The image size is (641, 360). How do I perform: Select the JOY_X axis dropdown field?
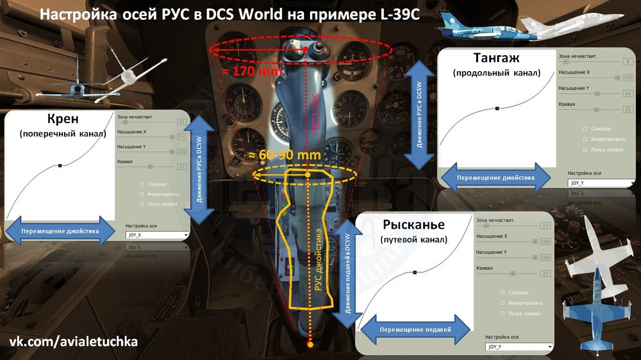(157, 235)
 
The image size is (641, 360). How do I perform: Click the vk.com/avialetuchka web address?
(73, 342)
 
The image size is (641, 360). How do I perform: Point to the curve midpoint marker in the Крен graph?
(60, 166)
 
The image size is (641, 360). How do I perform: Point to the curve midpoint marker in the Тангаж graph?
(497, 108)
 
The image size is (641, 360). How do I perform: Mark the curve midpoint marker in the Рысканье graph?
(415, 272)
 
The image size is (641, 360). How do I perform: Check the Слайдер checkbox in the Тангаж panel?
(585, 129)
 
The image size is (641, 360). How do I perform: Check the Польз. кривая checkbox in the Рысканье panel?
(502, 313)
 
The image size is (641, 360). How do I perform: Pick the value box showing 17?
(181, 167)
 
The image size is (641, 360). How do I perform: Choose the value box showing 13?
(545, 226)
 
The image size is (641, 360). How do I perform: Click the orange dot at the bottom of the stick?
(310, 345)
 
